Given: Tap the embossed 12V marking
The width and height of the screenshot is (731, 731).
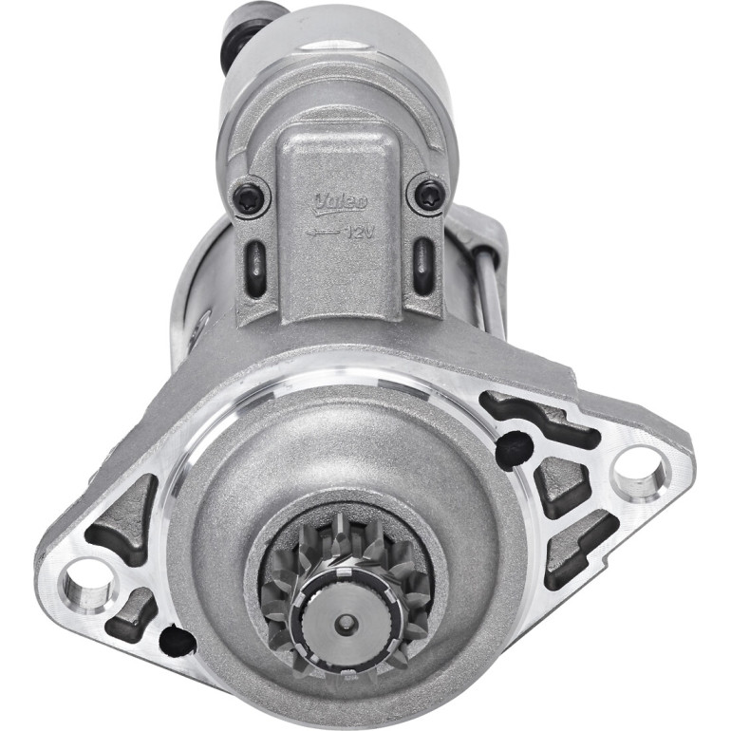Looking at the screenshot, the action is (x=360, y=232).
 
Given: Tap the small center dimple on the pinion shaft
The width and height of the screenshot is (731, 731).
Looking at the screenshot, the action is (x=346, y=622).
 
